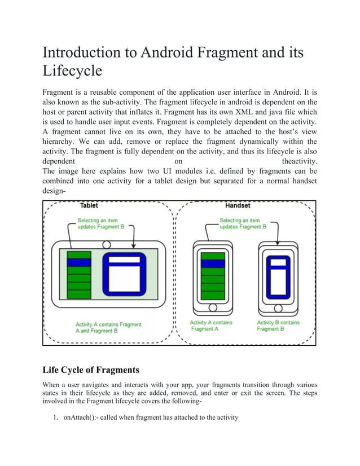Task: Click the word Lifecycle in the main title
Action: [x=73, y=71]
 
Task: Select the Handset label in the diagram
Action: [x=238, y=206]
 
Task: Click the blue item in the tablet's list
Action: [x=79, y=262]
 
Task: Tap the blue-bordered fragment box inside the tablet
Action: [x=123, y=275]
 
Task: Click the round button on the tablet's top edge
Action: [x=106, y=245]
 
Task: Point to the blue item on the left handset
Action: [x=213, y=263]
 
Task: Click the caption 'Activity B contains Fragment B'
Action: [x=278, y=326]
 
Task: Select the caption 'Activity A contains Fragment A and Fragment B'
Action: [x=108, y=328]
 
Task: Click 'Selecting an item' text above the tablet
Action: [x=96, y=221]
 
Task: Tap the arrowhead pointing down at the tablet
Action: [x=134, y=246]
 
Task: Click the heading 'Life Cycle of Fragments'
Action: [x=91, y=370]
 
